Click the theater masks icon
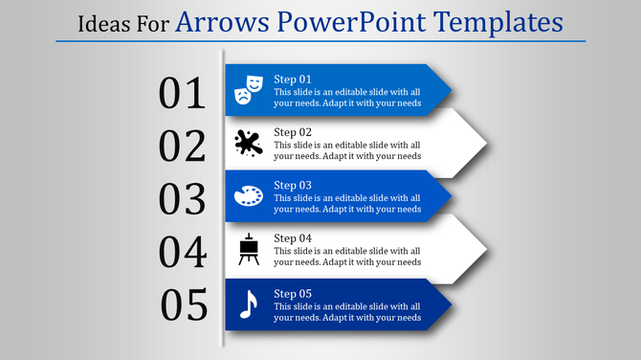click(249, 89)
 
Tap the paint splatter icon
click(248, 144)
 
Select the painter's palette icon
click(248, 196)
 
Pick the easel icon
click(249, 250)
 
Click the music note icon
click(248, 304)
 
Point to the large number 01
click(183, 93)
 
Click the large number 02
click(183, 146)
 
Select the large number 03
click(183, 199)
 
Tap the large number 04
click(183, 253)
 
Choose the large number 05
click(185, 305)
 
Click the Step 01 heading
click(293, 79)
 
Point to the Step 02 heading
click(293, 132)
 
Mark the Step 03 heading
click(293, 185)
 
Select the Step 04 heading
click(293, 238)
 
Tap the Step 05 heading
click(293, 292)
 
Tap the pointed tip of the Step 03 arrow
click(450, 197)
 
